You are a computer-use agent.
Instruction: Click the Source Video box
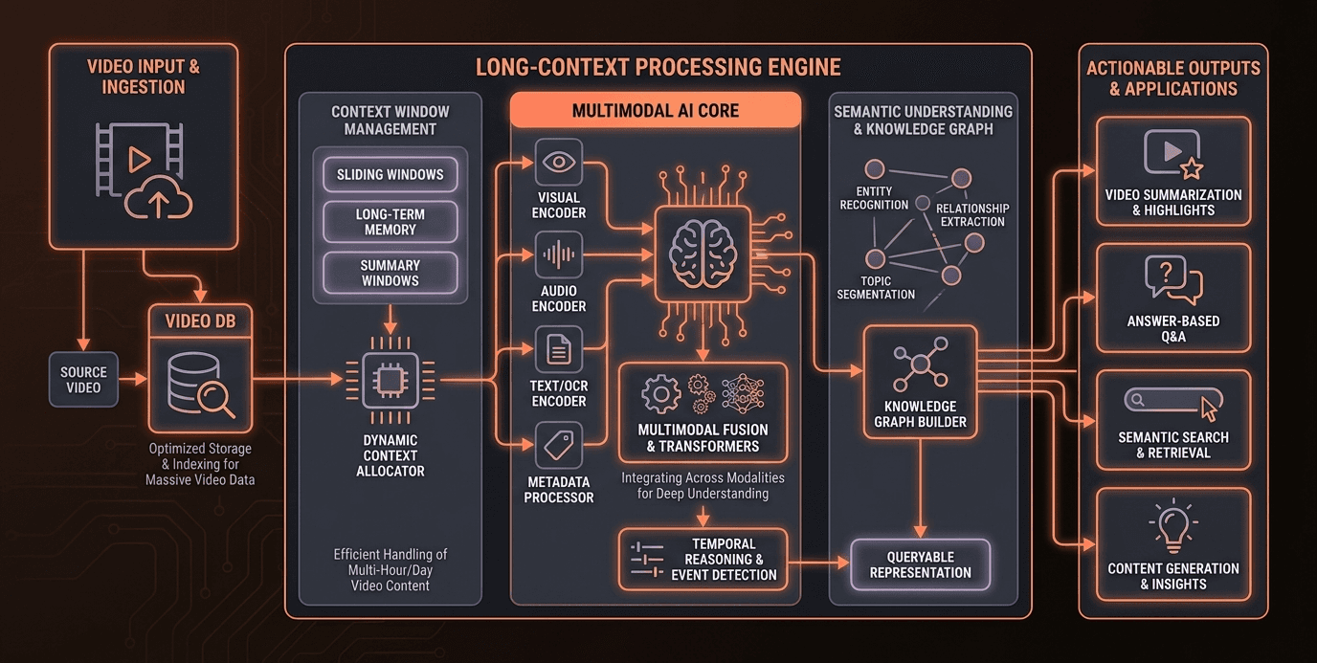[x=83, y=379]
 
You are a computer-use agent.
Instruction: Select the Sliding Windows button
[x=390, y=175]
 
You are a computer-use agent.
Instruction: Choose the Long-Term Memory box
[x=390, y=222]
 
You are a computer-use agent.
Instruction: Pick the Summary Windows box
[x=390, y=273]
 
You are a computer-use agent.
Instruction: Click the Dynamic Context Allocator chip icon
[x=390, y=381]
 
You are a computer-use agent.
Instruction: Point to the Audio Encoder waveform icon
[x=558, y=255]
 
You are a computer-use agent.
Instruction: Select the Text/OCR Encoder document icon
[x=558, y=350]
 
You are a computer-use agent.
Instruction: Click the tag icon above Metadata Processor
[x=558, y=444]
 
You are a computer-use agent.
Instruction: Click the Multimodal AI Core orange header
[x=656, y=110]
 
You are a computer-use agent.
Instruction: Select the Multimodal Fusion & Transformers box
[x=703, y=411]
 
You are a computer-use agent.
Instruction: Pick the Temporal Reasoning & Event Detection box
[x=703, y=559]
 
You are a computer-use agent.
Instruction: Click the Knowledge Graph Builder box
[x=920, y=382]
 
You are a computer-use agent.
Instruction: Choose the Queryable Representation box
[x=920, y=564]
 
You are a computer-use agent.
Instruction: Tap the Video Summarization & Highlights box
[x=1172, y=171]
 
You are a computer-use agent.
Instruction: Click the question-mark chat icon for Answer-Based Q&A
[x=1172, y=280]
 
